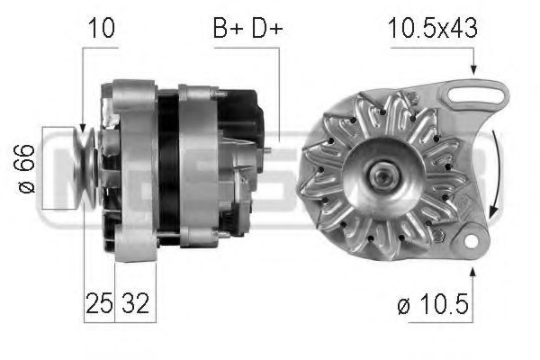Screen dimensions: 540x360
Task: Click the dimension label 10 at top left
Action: click(102, 28)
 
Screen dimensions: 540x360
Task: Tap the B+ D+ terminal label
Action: click(247, 28)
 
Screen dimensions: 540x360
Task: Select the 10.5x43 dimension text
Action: click(433, 28)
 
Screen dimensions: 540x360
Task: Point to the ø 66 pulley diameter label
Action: click(24, 169)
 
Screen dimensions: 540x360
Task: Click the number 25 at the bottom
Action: click(99, 303)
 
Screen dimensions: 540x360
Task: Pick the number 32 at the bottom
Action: click(136, 303)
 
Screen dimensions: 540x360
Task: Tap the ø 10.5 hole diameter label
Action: click(433, 304)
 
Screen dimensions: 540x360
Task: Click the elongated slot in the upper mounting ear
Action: click(474, 94)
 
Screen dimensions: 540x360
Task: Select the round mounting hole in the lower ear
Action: click(471, 241)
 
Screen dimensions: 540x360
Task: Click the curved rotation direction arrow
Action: click(498, 172)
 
